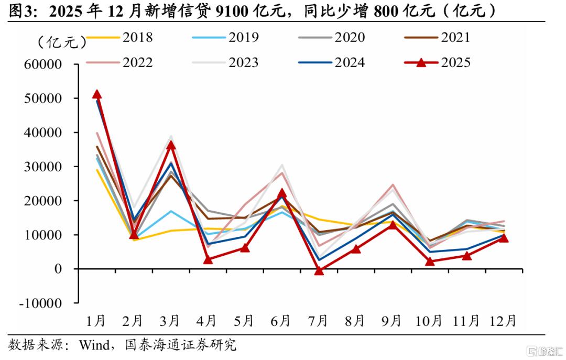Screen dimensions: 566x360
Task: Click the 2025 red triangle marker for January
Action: coord(97,94)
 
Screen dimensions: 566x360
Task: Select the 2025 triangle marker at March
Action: coord(171,145)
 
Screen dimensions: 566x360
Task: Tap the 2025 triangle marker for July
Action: coord(319,270)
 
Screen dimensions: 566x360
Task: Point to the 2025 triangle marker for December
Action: coord(504,237)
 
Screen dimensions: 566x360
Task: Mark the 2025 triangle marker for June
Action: coord(282,193)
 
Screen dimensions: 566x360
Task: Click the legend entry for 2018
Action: coord(119,37)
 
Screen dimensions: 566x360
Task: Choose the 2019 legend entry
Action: coord(225,37)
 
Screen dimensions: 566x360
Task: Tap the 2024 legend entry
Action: coord(331,62)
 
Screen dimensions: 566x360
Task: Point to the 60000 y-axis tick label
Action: coord(43,64)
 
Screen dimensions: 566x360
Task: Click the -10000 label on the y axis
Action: coord(40,303)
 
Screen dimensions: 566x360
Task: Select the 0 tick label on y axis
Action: coord(58,269)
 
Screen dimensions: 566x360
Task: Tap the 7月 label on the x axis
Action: coord(318,321)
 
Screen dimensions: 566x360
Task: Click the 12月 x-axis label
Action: coord(503,321)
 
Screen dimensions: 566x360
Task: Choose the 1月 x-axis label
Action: coord(96,321)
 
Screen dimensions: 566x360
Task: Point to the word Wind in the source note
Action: coord(94,345)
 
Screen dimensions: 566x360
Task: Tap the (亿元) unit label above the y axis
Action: coord(62,42)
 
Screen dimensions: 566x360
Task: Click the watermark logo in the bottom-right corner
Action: coord(545,351)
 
